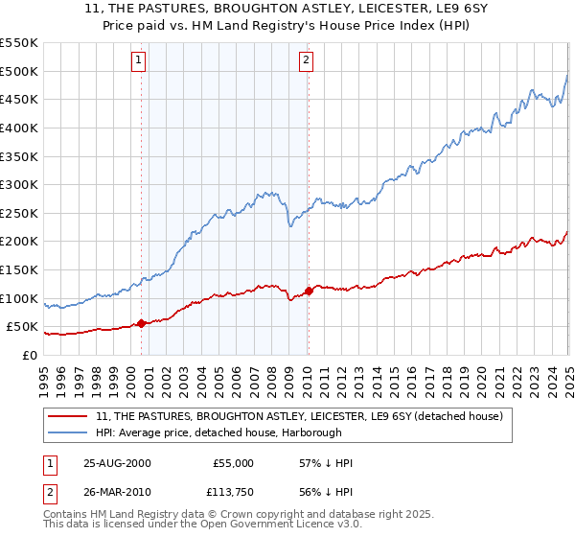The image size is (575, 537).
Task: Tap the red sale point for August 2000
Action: click(142, 324)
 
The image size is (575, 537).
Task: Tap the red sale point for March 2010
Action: click(309, 291)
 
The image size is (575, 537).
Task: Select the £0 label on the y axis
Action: click(29, 355)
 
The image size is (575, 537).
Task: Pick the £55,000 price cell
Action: click(232, 463)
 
